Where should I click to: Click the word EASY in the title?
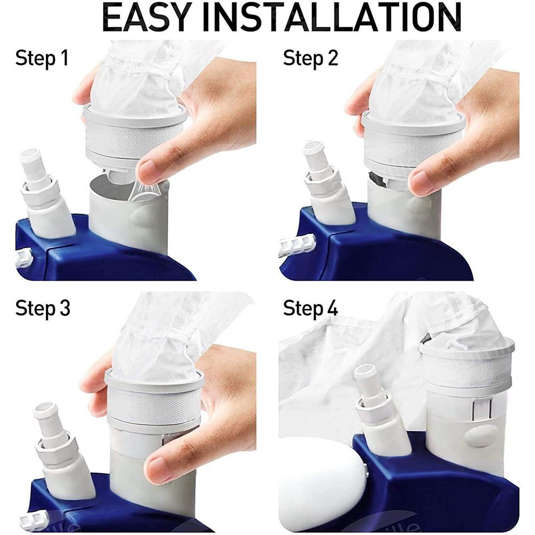(146, 18)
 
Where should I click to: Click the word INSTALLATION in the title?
(332, 18)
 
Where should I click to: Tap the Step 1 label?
(42, 58)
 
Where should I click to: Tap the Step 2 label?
(310, 58)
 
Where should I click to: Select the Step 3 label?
(43, 309)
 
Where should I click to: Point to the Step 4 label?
(310, 309)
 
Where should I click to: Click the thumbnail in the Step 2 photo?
(422, 182)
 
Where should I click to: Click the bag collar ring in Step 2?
(413, 119)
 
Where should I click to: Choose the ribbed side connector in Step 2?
(297, 243)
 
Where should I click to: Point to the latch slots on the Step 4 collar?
(481, 409)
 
